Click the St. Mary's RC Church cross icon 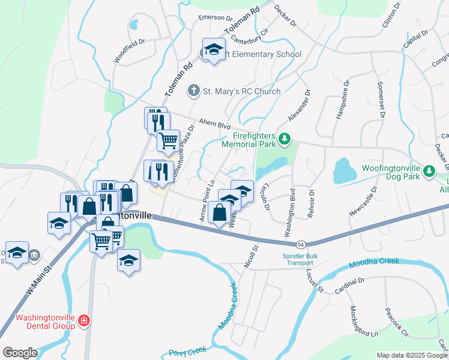[x=193, y=91]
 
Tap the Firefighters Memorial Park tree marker [x=285, y=142]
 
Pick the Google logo [x=20, y=353]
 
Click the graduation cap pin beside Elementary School [x=213, y=50]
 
